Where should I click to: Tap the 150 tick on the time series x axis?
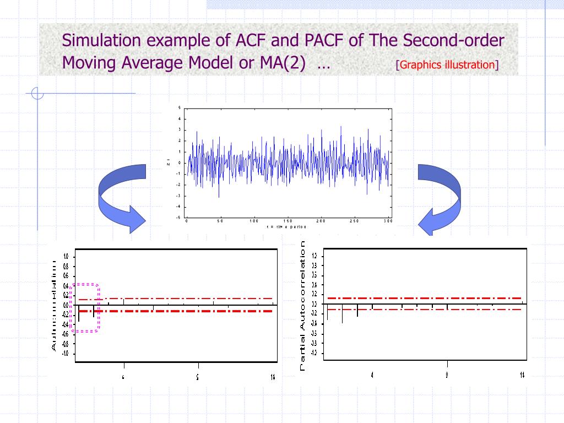tap(287, 221)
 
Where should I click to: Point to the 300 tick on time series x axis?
tap(388, 221)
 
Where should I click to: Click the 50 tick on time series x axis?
tap(220, 221)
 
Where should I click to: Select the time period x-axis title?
tap(286, 227)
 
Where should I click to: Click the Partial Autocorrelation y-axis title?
tap(303, 306)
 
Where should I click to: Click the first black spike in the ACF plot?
tap(79, 313)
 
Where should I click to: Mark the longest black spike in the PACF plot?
tap(343, 313)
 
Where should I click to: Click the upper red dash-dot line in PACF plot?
tap(424, 298)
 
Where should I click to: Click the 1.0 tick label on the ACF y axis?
tap(66, 257)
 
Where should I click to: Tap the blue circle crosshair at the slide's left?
tap(37, 94)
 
